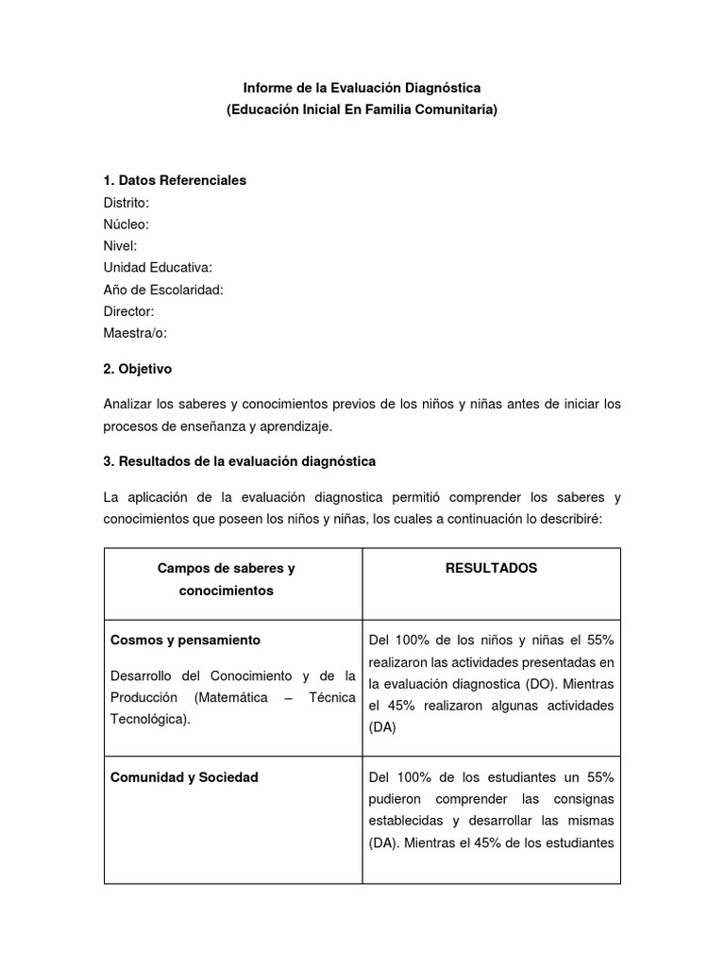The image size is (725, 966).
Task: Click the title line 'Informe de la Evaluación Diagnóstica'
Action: click(x=362, y=88)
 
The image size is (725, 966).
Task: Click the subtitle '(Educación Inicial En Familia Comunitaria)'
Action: click(x=362, y=109)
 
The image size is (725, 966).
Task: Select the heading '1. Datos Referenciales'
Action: click(x=175, y=180)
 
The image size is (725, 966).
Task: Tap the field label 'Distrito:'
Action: click(x=126, y=202)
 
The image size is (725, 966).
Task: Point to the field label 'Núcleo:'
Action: click(x=126, y=224)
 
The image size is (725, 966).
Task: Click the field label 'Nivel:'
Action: click(x=121, y=245)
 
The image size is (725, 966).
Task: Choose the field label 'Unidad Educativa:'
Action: click(x=158, y=267)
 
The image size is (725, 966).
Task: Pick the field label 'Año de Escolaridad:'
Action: click(x=163, y=289)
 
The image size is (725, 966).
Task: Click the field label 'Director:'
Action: click(x=128, y=310)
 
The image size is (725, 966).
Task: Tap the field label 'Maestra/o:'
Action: click(x=135, y=332)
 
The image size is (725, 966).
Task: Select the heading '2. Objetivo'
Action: click(x=138, y=369)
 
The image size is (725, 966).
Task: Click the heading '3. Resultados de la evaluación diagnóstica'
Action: click(x=240, y=461)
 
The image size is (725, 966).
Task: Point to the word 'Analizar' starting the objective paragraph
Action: click(x=128, y=404)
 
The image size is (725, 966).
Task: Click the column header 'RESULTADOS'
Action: click(x=491, y=568)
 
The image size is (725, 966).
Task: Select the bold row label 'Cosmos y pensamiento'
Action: click(x=185, y=640)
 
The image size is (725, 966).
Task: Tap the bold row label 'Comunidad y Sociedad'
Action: click(x=184, y=777)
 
